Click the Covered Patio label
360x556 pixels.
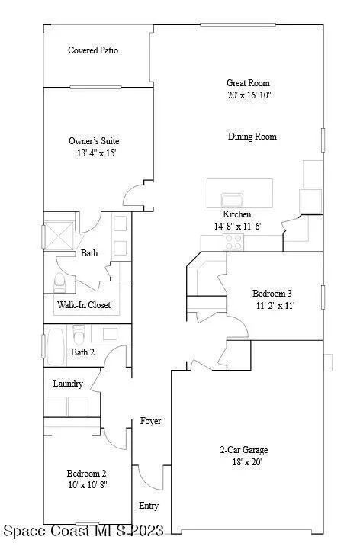(93, 50)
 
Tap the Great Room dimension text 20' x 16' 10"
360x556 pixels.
(249, 95)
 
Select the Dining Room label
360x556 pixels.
(252, 137)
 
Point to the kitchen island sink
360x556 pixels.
(232, 200)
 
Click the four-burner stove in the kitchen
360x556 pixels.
(233, 243)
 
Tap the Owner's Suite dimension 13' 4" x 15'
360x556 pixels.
(96, 153)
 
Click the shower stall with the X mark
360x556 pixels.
(59, 236)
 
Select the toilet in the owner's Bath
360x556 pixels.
(59, 283)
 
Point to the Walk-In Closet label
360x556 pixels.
(84, 304)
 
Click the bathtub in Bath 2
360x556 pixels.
(56, 347)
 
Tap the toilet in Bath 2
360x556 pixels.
(79, 334)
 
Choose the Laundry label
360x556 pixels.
(68, 384)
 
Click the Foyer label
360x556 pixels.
(150, 421)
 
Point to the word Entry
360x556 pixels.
(149, 506)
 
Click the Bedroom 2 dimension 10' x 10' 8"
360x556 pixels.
(88, 485)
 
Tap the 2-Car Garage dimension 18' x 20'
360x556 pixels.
(247, 462)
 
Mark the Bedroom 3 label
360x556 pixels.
(272, 293)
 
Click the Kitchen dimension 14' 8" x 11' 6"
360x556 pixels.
(238, 227)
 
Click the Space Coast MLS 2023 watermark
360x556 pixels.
(84, 531)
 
